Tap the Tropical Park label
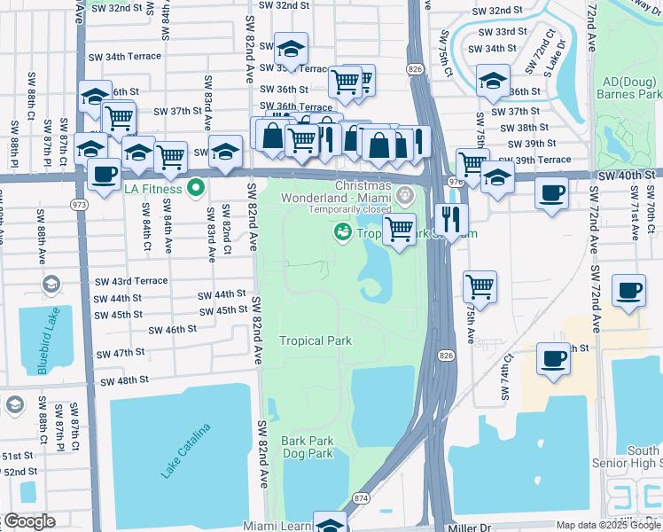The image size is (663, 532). (x=316, y=340)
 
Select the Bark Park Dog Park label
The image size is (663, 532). (x=307, y=447)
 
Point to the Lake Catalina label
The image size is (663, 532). (x=186, y=451)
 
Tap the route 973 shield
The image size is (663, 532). (x=80, y=204)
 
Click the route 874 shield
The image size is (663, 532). (x=362, y=498)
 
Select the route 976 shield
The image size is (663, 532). (x=455, y=181)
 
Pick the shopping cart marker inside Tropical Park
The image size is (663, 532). (x=400, y=230)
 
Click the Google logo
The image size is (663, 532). (x=28, y=521)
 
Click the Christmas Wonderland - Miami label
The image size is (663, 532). (x=363, y=192)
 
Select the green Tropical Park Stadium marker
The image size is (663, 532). (x=340, y=232)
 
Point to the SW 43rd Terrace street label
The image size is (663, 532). (x=131, y=281)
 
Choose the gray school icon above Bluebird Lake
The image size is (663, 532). (x=51, y=285)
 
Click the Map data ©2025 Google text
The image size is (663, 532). (x=607, y=525)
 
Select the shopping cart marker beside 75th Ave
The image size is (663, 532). (x=480, y=286)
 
